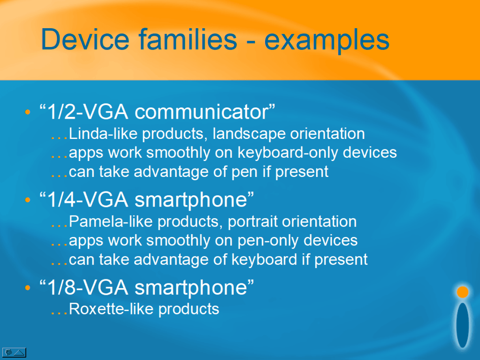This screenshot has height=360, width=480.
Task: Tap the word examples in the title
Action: [x=327, y=41]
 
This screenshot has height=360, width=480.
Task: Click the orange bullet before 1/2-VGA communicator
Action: [x=28, y=112]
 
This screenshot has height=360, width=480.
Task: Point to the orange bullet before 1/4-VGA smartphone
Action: [x=28, y=200]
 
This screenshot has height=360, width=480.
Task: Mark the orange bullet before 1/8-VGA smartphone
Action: [x=28, y=288]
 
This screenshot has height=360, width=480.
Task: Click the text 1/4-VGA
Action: [x=88, y=199]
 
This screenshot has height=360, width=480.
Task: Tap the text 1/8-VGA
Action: [x=88, y=287]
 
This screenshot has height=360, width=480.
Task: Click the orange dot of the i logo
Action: [x=463, y=292]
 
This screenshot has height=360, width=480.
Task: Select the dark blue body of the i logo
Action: [x=463, y=325]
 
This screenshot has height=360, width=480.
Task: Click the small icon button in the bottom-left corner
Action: [x=14, y=352]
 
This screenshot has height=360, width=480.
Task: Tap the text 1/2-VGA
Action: [x=88, y=112]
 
